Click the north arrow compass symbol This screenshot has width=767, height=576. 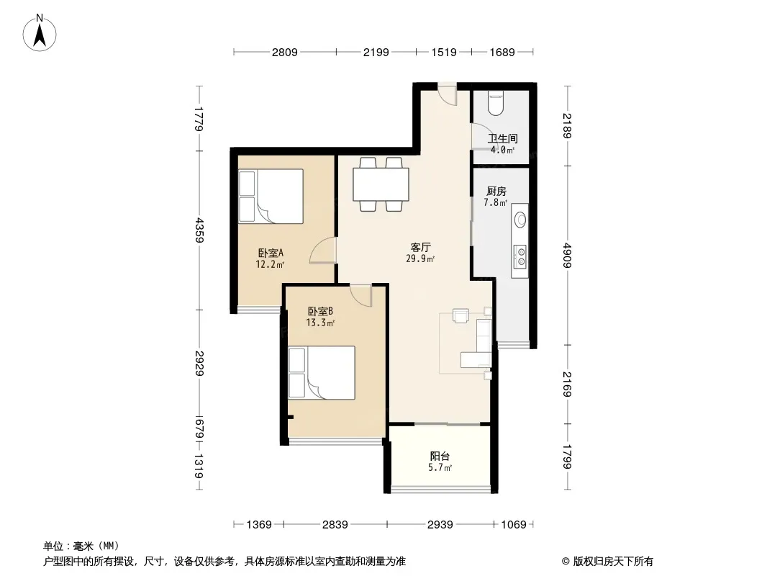[x=40, y=33]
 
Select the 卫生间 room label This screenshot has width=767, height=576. [x=502, y=138]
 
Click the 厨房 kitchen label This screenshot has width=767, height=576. [x=496, y=192]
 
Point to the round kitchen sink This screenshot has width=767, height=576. [x=520, y=220]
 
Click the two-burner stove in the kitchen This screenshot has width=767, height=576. [x=520, y=256]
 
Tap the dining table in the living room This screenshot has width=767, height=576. [x=381, y=184]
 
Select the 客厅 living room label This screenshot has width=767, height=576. [x=420, y=247]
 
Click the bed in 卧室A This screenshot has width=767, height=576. [x=271, y=197]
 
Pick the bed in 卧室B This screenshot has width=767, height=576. [x=322, y=373]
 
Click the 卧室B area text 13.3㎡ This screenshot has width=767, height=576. [x=320, y=323]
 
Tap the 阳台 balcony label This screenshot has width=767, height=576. [x=440, y=456]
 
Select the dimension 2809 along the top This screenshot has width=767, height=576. [x=285, y=52]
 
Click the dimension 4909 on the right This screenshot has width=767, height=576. [x=567, y=255]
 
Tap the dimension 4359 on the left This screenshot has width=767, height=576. [x=199, y=230]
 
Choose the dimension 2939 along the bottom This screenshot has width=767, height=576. [x=440, y=525]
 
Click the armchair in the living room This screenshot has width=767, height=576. [x=460, y=315]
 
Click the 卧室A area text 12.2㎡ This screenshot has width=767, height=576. [x=270, y=265]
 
